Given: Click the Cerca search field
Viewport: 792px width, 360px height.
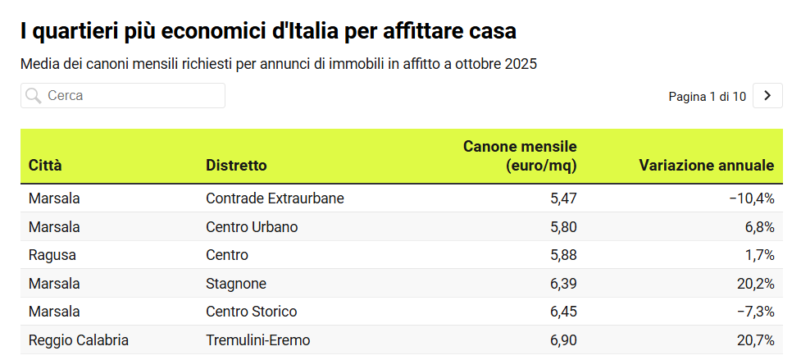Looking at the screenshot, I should [x=123, y=96].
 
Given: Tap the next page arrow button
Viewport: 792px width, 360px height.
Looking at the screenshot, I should [x=767, y=96].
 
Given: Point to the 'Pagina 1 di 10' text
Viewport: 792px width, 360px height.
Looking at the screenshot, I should [x=707, y=97].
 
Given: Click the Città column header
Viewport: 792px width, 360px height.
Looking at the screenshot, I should [x=45, y=166].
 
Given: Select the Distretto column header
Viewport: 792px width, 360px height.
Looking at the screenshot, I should [x=236, y=166].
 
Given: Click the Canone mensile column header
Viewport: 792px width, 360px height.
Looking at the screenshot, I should [x=520, y=156].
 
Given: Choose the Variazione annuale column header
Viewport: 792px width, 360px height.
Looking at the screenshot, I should [x=706, y=166].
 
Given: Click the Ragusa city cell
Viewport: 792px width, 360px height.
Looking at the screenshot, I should [x=52, y=255].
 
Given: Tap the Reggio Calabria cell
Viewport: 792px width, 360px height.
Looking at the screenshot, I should [x=79, y=339].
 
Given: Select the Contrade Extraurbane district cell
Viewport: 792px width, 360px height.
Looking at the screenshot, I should [x=275, y=198].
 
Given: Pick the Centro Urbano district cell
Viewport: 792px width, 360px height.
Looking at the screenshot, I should [x=252, y=227].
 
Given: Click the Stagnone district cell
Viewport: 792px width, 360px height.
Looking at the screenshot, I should [x=236, y=284].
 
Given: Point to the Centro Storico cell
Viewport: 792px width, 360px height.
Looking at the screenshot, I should [x=251, y=312].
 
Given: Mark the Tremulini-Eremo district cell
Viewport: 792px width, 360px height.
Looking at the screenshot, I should [x=258, y=339].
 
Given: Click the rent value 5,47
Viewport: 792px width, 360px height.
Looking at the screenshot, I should [x=564, y=198].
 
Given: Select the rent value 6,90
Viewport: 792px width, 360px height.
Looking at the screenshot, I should [x=564, y=339].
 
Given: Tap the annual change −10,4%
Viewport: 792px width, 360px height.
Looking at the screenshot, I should [x=751, y=198].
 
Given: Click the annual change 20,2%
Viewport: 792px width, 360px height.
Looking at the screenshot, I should [x=756, y=284].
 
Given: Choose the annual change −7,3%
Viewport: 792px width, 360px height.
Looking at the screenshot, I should [x=755, y=312].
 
